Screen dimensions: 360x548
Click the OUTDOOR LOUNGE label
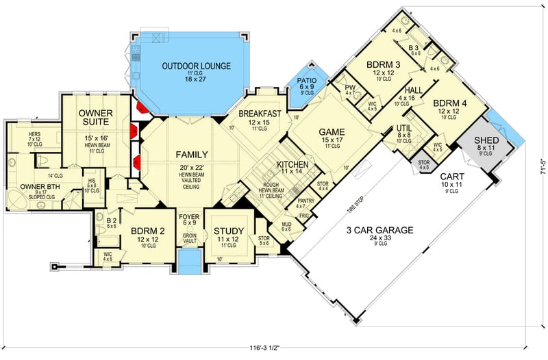(x=196, y=66)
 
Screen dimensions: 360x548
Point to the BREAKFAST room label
(x=260, y=114)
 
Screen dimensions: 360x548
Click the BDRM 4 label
(x=450, y=105)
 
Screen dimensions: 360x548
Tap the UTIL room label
(x=404, y=128)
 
